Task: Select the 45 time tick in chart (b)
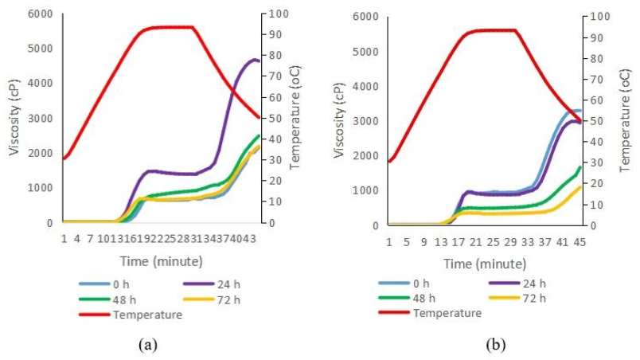pyautogui.click(x=580, y=242)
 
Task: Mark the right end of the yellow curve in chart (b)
pyautogui.click(x=580, y=186)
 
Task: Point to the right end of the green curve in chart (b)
pyautogui.click(x=580, y=167)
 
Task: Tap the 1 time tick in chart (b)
pyautogui.click(x=389, y=242)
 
